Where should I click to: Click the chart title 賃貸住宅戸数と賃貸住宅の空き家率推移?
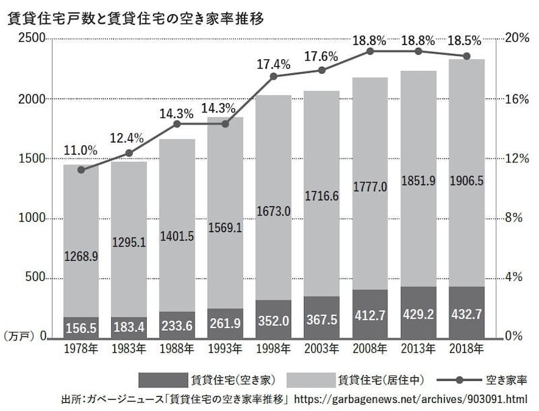pos(135,19)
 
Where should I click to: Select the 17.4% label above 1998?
pos(274,65)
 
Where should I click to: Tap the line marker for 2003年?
pos(322,71)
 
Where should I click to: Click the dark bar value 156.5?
pos(81,328)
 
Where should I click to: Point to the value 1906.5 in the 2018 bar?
pos(466,181)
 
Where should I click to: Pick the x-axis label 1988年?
pos(177,350)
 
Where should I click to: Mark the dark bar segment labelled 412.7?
pos(370,314)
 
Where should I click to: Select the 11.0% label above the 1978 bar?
pos(81,150)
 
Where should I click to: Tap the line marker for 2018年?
pos(466,56)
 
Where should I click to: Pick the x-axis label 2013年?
pos(418,350)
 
